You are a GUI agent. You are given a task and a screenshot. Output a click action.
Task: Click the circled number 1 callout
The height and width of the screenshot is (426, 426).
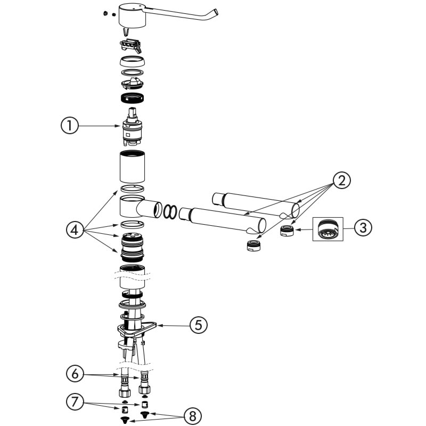coord(70,126)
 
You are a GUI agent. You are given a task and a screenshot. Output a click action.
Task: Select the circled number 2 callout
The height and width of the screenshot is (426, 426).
coord(341,179)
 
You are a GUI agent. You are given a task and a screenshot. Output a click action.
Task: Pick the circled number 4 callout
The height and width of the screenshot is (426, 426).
coord(75,230)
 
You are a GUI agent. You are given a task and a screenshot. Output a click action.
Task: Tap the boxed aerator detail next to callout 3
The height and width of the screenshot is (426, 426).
coord(326,230)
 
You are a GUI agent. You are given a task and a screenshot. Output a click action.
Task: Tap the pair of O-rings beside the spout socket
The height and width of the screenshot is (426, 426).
coord(170,211)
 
